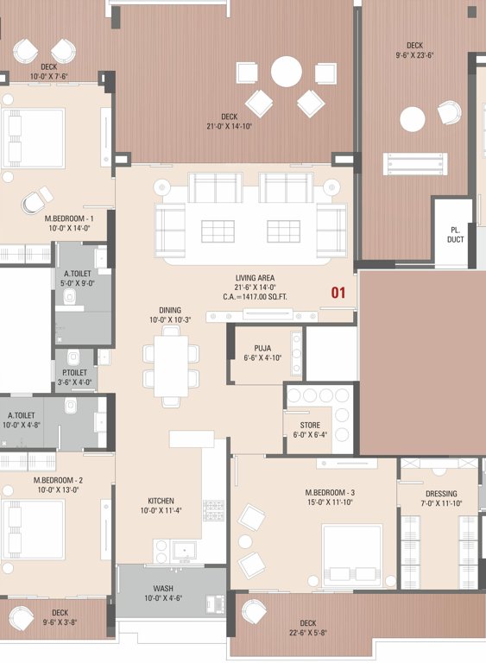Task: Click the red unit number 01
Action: pos(338,293)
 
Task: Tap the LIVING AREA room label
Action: pos(255,278)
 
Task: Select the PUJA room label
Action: pos(262,349)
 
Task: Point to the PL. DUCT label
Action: pos(455,235)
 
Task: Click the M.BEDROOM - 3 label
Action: pos(330,493)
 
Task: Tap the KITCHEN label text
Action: pos(161,501)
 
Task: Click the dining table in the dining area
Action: pos(171,365)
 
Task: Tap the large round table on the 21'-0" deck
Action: pos(286,71)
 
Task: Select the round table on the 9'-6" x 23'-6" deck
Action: pos(412,118)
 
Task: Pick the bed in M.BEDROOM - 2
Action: pos(32,528)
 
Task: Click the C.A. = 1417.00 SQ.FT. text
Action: pos(255,298)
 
